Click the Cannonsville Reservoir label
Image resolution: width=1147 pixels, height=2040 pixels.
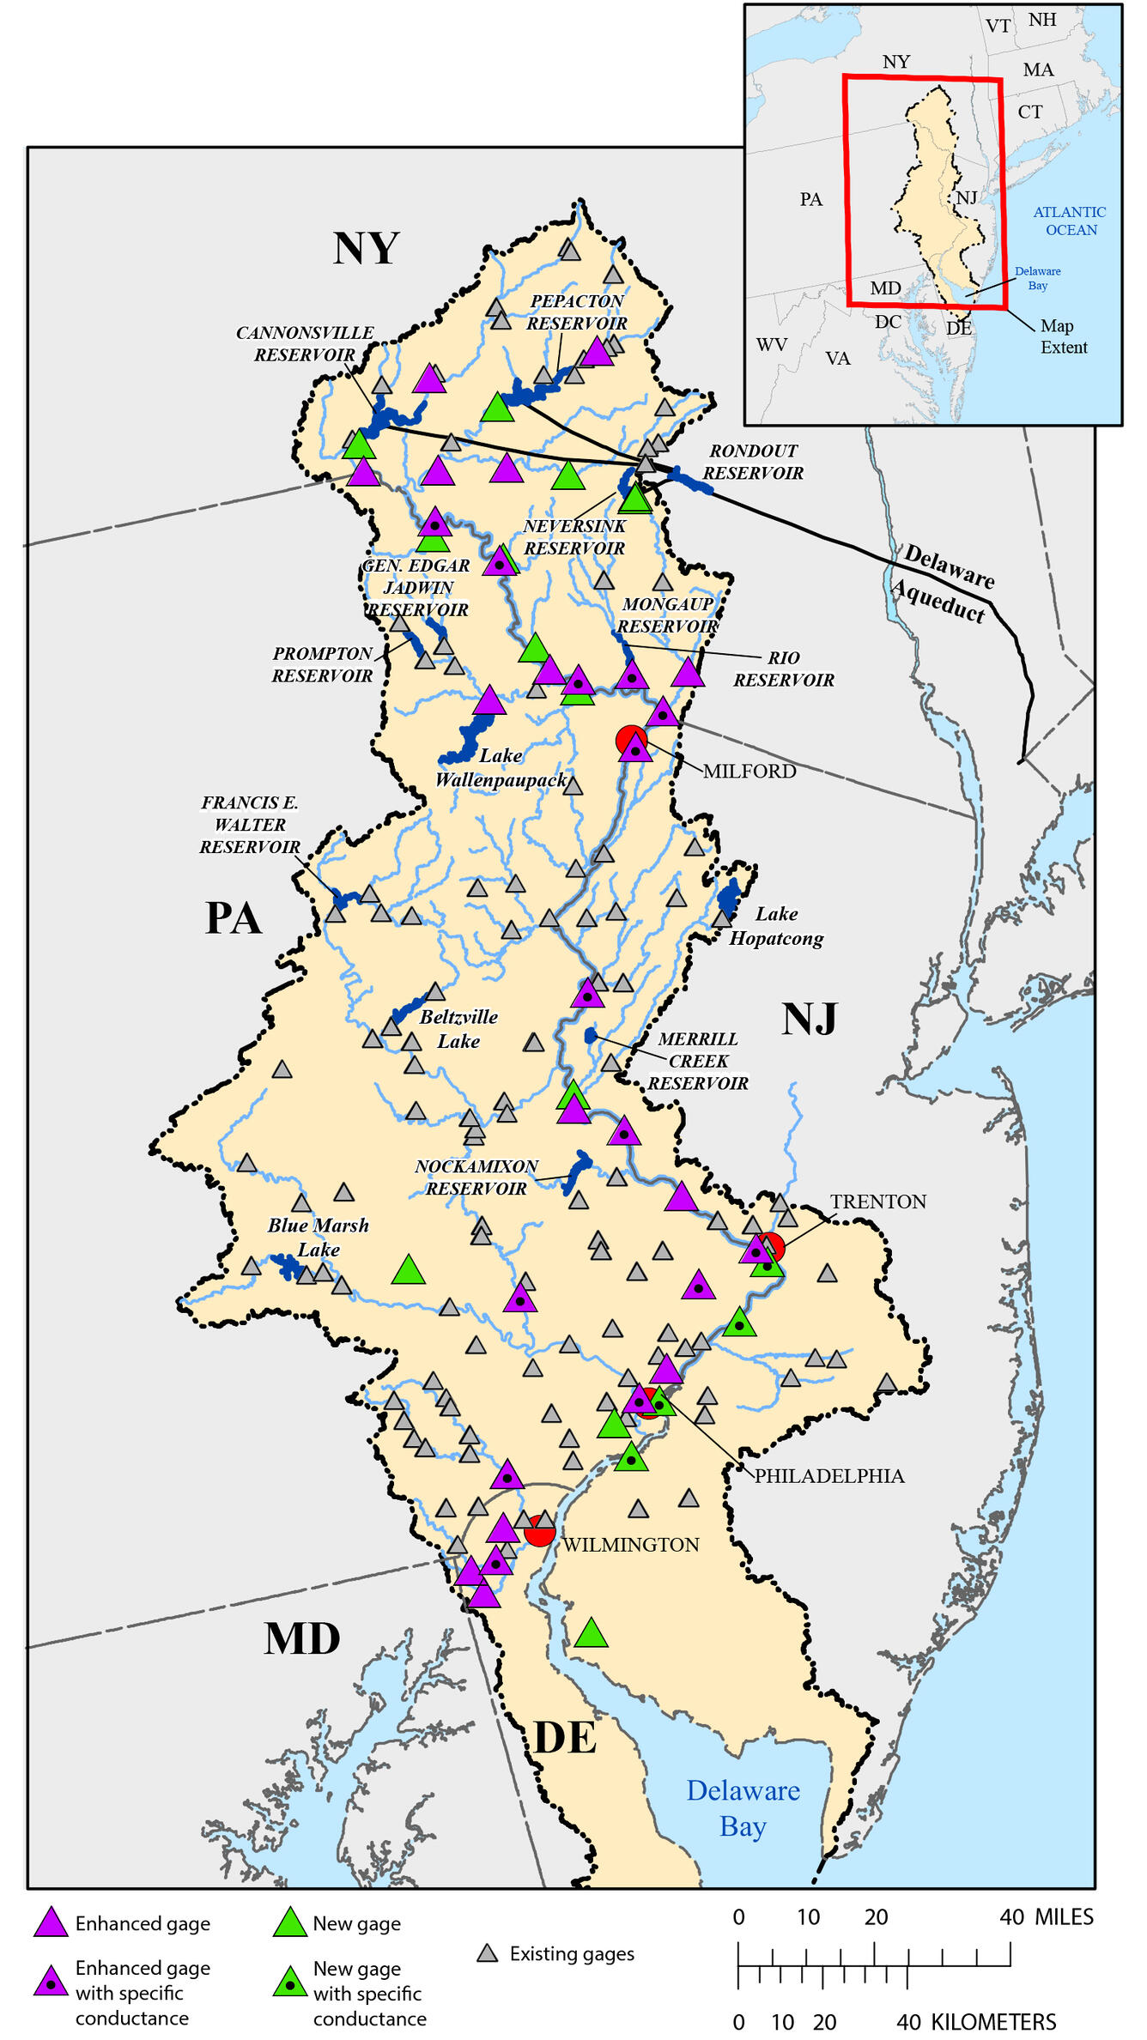tap(305, 343)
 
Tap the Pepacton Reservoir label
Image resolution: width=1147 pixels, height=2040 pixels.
tap(577, 312)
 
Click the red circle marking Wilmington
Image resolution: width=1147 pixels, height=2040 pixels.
tap(540, 1530)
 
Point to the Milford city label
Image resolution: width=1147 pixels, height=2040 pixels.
tap(749, 771)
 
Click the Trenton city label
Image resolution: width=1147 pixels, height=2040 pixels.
tap(877, 1202)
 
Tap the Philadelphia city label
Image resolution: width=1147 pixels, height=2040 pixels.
tap(829, 1476)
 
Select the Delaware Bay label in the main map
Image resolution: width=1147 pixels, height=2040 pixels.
tap(743, 1807)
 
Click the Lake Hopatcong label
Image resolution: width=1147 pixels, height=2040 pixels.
tap(776, 926)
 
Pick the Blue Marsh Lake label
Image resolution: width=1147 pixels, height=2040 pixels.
tap(319, 1237)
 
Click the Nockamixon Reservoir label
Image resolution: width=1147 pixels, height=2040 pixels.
tap(476, 1177)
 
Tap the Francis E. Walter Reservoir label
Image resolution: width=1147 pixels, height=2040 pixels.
tap(250, 825)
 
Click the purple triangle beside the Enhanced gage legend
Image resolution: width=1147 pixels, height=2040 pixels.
tap(51, 1922)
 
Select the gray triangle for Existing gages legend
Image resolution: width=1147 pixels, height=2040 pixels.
tap(488, 1953)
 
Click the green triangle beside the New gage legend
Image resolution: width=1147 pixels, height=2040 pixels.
tap(290, 1922)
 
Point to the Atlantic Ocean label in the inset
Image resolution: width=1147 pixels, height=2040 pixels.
tap(1070, 221)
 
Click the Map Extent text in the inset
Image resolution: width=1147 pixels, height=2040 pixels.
tap(1063, 336)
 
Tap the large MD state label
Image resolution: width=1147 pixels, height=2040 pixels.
tap(302, 1638)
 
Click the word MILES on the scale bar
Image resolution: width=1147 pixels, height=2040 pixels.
tap(1064, 1917)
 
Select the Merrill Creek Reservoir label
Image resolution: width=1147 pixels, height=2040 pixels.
tap(698, 1061)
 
